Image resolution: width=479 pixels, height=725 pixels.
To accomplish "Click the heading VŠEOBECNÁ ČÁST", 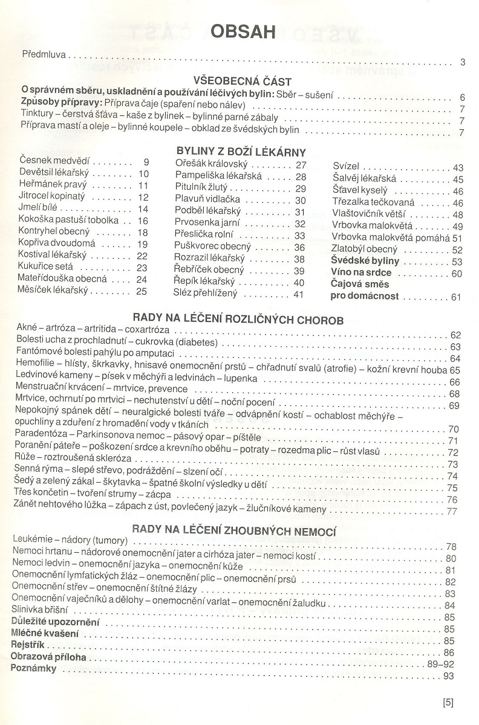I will [x=242, y=81].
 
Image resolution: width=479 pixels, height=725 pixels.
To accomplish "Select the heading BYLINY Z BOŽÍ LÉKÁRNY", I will [x=241, y=152].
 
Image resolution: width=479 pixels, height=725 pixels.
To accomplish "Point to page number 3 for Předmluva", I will [x=461, y=62].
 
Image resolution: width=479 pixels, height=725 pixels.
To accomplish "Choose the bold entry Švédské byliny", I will [x=365, y=261].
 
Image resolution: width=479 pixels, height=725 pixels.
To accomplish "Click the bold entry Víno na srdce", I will [x=362, y=273].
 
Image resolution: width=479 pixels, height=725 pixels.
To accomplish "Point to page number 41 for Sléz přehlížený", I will [x=298, y=294].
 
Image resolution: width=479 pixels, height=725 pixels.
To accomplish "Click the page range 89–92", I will [x=440, y=664].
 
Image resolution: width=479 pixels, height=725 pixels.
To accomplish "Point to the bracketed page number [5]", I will [x=448, y=702].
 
